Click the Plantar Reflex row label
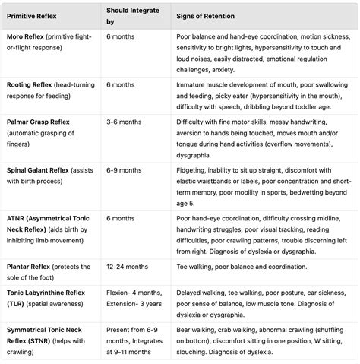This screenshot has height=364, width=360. pos(31,267)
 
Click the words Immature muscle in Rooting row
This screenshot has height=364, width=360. pos(205,85)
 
